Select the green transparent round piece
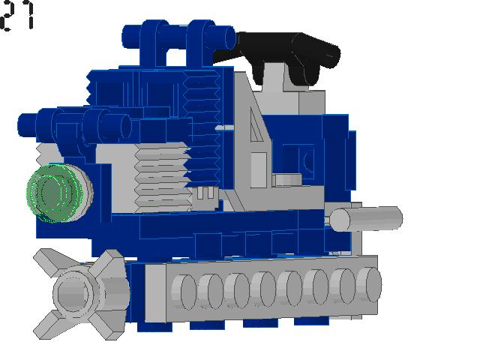(52, 193)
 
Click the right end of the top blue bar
(228, 34)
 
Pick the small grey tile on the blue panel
(286, 180)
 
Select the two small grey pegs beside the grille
(206, 193)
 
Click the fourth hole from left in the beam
(262, 288)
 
